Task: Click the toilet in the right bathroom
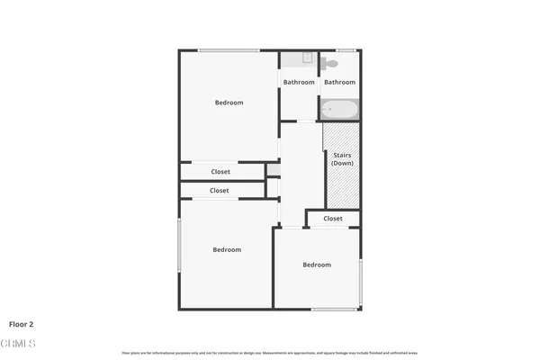330,63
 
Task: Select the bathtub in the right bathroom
339,111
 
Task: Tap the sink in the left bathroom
306,58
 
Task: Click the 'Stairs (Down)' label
342,158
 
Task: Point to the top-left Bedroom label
229,103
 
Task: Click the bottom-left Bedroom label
227,249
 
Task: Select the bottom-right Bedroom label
317,265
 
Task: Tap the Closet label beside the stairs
333,219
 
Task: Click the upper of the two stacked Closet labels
220,172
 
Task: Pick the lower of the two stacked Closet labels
220,191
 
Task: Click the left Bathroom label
299,83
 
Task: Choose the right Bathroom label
340,83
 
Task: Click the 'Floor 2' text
22,324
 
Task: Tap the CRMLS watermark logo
18,344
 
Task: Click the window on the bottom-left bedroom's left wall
179,245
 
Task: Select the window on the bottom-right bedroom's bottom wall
333,309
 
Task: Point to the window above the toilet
345,49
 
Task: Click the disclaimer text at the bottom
269,352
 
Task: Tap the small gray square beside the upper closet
273,169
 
